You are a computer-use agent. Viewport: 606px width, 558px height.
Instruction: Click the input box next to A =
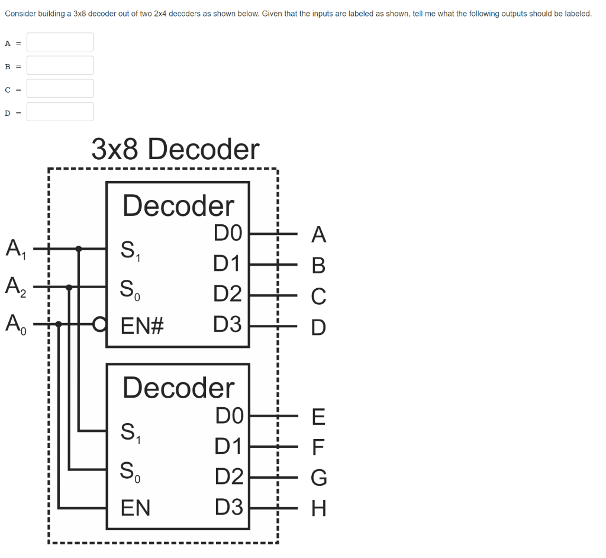click(x=60, y=42)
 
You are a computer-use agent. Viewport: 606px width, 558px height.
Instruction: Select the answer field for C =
click(x=60, y=89)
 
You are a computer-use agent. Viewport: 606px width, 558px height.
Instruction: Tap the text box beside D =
click(x=60, y=112)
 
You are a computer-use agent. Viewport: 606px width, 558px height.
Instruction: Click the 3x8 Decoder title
click(x=175, y=149)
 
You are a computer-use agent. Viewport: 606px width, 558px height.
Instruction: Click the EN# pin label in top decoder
click(x=142, y=325)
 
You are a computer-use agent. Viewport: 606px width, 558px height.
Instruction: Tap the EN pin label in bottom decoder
click(x=136, y=508)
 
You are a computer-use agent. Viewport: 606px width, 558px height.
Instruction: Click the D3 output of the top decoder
click(x=228, y=324)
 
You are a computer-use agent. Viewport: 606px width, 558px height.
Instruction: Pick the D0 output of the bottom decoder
click(x=230, y=416)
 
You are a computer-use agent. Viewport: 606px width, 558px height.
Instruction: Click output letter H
click(x=318, y=508)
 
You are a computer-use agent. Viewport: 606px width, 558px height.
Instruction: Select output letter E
click(x=318, y=417)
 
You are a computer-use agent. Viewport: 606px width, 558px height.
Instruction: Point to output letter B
click(x=318, y=266)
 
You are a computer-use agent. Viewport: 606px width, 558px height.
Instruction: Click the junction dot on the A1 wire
click(x=79, y=249)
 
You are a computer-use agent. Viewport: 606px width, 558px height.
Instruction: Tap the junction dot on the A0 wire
click(x=59, y=324)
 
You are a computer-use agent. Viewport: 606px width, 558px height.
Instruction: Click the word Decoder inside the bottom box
click(x=179, y=388)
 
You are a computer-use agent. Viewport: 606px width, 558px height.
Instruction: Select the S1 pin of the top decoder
click(x=130, y=250)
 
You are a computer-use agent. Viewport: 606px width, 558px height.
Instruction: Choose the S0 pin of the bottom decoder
click(x=130, y=471)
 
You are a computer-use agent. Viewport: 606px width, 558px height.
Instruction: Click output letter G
click(x=318, y=477)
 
